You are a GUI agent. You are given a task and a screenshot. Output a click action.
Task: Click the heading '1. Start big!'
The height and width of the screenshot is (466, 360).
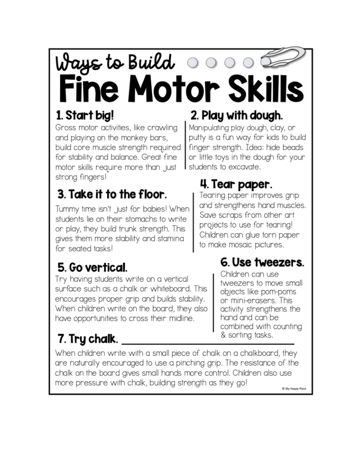[85, 115]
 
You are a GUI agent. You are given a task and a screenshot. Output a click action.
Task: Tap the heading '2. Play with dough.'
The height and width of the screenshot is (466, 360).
[236, 116]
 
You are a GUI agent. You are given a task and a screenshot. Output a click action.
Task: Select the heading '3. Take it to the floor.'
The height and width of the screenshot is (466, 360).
[112, 194]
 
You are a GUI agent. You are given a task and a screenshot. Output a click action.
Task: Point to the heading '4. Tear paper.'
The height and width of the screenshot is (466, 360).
[236, 185]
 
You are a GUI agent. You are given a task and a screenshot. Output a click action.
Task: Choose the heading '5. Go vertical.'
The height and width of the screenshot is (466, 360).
[92, 268]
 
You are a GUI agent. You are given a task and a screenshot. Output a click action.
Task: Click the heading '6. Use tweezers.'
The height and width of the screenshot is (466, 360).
[262, 262]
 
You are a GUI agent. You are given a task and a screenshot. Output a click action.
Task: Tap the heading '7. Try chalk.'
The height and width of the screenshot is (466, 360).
[88, 339]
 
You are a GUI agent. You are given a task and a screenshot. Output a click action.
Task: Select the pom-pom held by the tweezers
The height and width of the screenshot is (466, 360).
[265, 62]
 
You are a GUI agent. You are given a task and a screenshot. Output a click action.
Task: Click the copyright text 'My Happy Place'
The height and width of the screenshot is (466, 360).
[294, 389]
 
